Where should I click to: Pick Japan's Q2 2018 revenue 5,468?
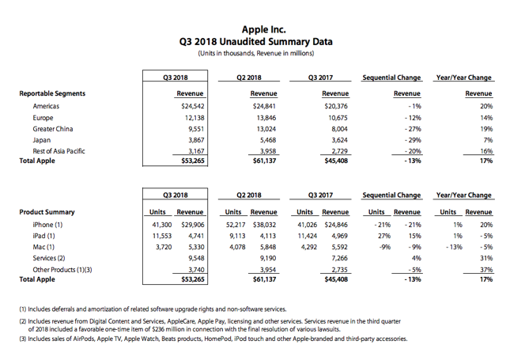262,139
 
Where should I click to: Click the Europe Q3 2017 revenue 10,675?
336,117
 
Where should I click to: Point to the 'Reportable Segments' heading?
52,93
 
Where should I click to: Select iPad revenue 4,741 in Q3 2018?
194,235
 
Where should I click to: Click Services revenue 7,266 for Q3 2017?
336,257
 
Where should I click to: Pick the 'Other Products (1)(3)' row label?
62,269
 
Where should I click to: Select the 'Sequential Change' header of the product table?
391,195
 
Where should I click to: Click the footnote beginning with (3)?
213,338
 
